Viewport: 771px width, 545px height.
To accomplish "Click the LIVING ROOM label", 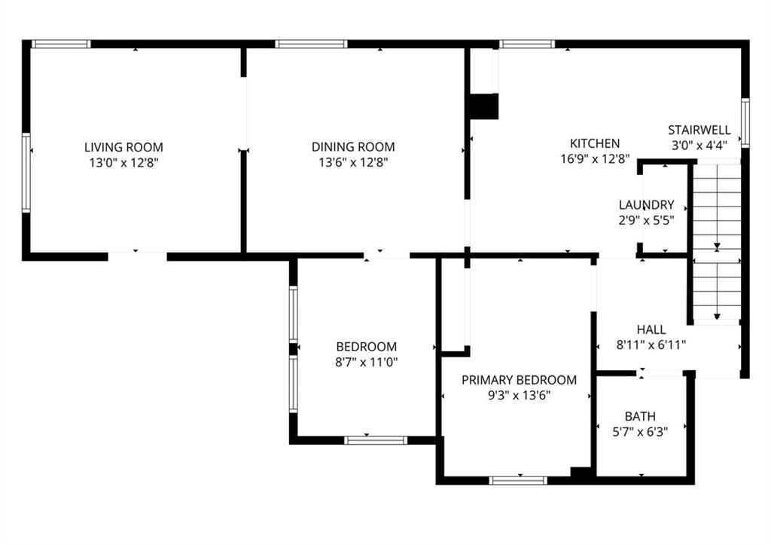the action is (123, 147).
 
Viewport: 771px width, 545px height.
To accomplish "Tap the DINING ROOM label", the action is (353, 147).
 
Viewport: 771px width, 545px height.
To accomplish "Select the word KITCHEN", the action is (595, 143).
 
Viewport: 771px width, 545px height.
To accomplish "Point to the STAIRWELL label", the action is (699, 130).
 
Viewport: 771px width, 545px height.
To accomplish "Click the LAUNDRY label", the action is (646, 205).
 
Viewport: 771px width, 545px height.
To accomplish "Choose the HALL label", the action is (651, 329).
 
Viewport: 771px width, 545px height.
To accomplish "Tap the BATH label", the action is (640, 417).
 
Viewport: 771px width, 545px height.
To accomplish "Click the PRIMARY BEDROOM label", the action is (519, 380).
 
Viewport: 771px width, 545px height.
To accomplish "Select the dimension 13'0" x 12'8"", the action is (123, 163).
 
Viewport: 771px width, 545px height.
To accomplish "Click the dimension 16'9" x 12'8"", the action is (595, 159).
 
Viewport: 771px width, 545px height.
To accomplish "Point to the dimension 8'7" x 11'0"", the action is (367, 363).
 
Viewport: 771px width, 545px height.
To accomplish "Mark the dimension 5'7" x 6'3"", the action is (640, 432).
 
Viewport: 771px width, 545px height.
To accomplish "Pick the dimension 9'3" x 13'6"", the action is (519, 395).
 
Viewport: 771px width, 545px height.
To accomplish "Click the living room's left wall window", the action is (26, 173).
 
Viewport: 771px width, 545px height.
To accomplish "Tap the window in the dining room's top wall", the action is (311, 44).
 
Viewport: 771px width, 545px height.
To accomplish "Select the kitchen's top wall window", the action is (527, 44).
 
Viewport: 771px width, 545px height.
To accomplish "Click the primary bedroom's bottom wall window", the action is (518, 480).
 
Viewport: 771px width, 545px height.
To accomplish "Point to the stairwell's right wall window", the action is (745, 123).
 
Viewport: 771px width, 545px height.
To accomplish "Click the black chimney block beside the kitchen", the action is (484, 106).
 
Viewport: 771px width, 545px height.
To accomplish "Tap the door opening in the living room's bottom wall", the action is (137, 256).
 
